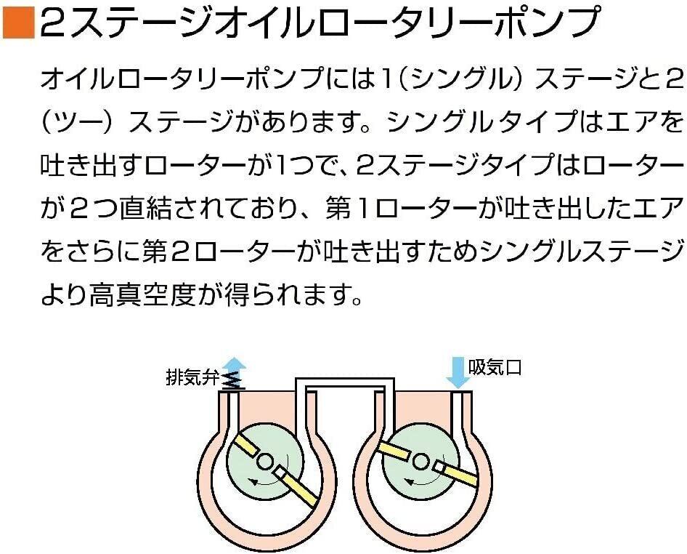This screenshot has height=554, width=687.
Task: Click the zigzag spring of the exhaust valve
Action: [231, 380]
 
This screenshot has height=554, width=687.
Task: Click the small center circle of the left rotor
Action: [264, 461]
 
